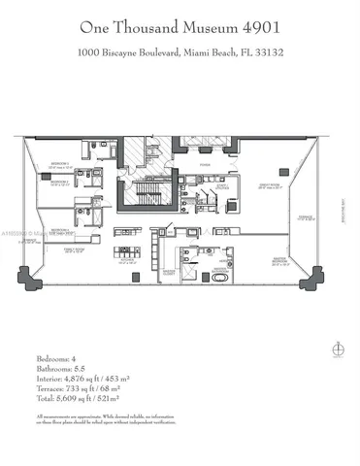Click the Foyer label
click(206, 165)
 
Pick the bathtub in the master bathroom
click(220, 277)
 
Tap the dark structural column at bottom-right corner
click(311, 283)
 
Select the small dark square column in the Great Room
click(283, 172)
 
